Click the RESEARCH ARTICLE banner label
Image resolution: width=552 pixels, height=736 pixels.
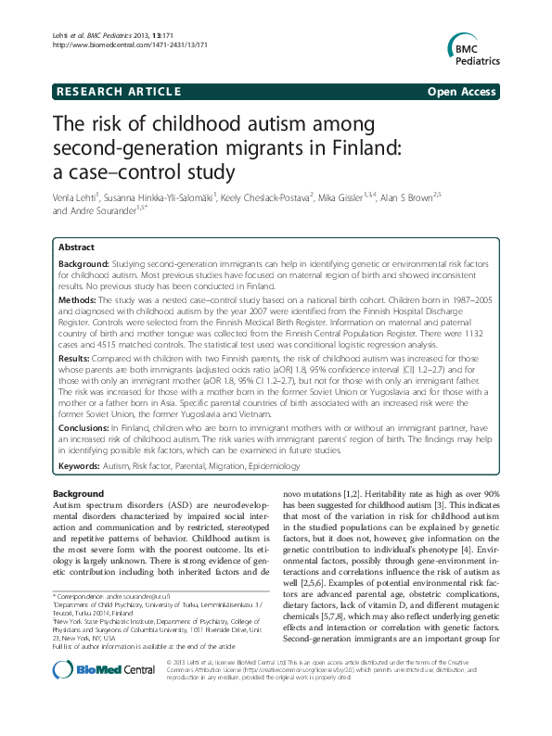point(118,92)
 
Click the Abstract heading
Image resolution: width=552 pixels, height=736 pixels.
point(76,248)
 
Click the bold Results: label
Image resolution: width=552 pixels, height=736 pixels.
point(76,356)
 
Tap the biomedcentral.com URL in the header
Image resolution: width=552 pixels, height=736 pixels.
point(126,44)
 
